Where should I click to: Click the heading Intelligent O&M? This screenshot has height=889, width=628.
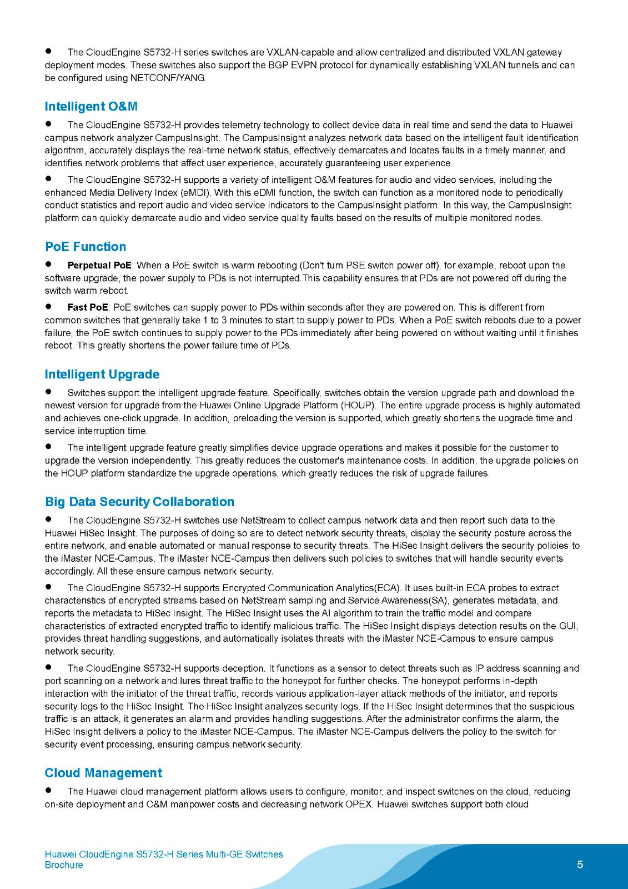[x=91, y=107]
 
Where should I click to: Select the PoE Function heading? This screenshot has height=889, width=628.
[x=86, y=247]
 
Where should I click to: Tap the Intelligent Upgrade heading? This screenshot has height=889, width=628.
[x=102, y=374]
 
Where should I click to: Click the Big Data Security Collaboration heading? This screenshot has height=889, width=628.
[x=139, y=502]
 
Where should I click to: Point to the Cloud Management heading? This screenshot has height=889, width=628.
[x=103, y=773]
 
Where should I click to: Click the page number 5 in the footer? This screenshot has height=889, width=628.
[x=580, y=865]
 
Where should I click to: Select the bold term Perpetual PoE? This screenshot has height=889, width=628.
[x=99, y=266]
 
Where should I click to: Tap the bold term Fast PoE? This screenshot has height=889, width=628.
[x=88, y=307]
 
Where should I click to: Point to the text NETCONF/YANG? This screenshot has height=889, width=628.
[x=168, y=78]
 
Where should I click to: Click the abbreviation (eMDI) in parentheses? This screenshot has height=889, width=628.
[x=195, y=193]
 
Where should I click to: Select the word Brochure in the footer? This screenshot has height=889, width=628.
[x=64, y=865]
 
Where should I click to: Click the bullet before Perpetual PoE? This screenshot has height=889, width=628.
[x=49, y=264]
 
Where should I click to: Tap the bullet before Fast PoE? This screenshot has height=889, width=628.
[x=49, y=306]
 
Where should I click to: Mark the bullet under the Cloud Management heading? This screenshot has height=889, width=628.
[x=49, y=790]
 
